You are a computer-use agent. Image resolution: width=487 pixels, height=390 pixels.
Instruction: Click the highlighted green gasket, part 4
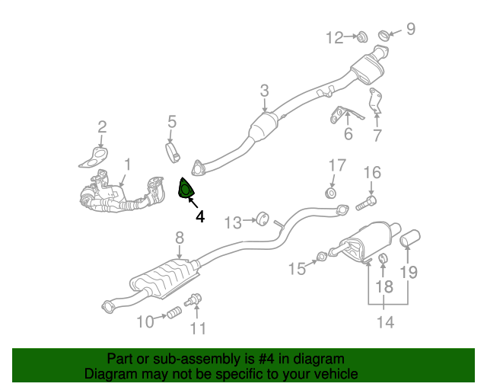(x=186, y=189)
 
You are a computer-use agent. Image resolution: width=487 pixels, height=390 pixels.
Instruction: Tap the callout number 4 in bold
(x=200, y=216)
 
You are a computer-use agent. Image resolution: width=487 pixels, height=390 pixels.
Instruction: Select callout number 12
(x=336, y=37)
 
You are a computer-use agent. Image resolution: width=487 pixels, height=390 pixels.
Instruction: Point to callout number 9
(x=411, y=30)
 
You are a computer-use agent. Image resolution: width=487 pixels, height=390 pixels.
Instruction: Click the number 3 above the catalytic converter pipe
(x=264, y=91)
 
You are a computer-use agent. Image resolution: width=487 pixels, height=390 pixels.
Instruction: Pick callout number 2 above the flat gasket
(x=102, y=127)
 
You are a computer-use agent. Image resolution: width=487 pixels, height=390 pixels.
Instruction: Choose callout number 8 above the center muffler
(x=180, y=238)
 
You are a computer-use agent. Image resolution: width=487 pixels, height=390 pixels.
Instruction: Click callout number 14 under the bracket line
(x=385, y=322)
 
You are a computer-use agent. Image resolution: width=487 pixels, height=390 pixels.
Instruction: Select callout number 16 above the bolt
(x=371, y=172)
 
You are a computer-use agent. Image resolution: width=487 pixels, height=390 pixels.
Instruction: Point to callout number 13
(x=233, y=222)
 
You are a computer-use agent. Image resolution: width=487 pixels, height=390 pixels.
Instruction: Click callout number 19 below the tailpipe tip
(x=409, y=272)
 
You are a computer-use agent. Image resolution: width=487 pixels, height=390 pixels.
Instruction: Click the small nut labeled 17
(x=332, y=192)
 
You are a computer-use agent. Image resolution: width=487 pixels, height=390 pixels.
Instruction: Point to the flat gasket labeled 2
(x=94, y=158)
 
